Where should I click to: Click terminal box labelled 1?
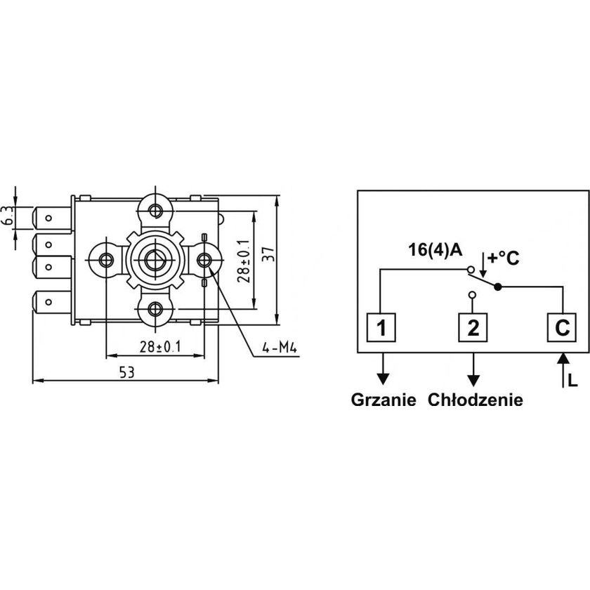click(379, 327)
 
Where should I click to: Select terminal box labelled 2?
click(473, 327)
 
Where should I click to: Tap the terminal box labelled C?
click(563, 327)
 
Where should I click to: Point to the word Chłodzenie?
click(475, 400)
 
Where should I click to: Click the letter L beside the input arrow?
click(573, 381)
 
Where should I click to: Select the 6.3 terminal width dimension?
click(8, 216)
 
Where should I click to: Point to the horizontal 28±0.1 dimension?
click(155, 346)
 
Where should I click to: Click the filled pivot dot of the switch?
click(497, 287)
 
